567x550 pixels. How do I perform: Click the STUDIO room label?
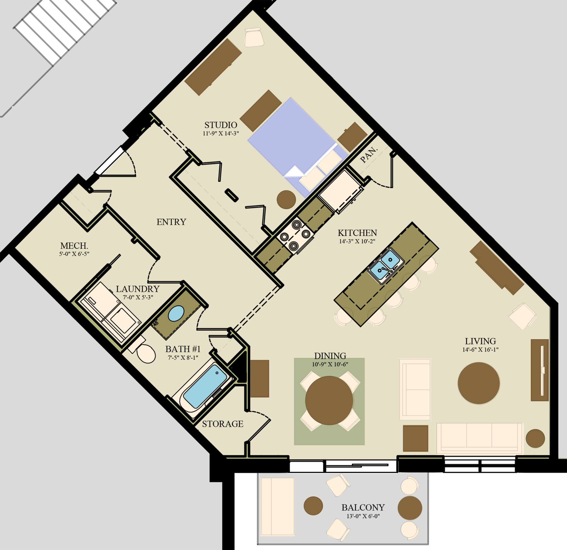221,125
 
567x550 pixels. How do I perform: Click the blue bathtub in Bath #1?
205,385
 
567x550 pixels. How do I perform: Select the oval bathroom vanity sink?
176,313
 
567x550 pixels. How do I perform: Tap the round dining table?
329,400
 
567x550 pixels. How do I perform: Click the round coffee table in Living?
479,383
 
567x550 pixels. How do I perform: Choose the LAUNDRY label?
138,289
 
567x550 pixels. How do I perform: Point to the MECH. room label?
74,246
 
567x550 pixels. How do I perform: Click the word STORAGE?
223,424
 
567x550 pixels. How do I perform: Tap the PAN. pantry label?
369,155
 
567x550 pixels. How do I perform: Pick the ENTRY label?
171,222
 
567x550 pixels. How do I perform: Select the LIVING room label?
480,341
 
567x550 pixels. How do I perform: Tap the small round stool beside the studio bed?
286,200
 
